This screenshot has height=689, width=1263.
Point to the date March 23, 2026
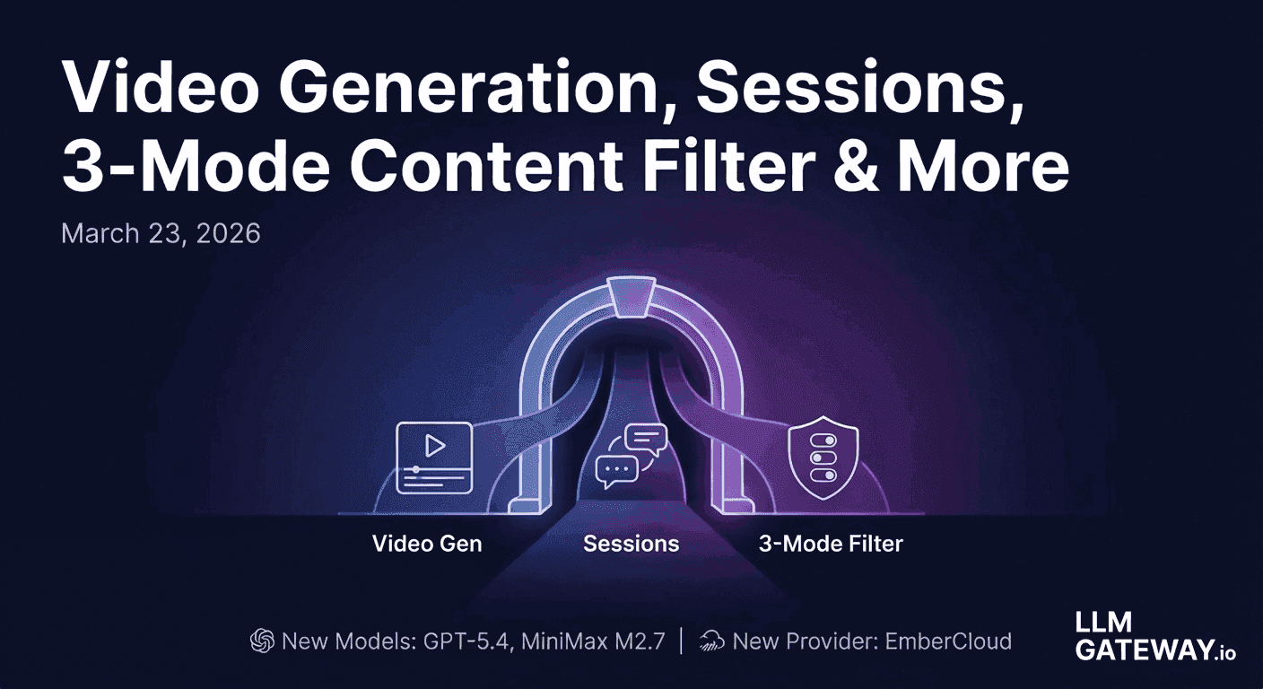click(x=161, y=234)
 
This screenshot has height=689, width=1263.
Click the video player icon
click(x=434, y=457)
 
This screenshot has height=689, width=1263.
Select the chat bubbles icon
click(x=631, y=456)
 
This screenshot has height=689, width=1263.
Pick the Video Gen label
click(x=427, y=543)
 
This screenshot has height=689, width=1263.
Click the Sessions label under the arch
click(x=631, y=543)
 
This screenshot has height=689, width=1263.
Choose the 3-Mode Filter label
click(x=831, y=543)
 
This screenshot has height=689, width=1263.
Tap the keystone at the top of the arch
click(x=632, y=294)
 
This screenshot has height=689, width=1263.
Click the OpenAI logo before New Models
click(x=261, y=641)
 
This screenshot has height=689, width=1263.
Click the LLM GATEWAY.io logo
click(x=1154, y=636)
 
